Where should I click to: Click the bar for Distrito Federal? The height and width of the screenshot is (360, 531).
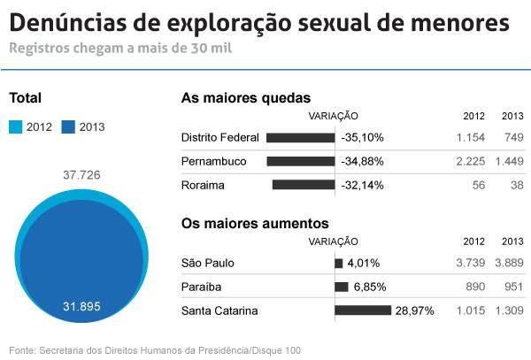click(x=300, y=138)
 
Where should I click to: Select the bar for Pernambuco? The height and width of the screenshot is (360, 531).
click(x=301, y=162)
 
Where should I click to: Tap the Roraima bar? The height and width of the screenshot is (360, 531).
click(x=304, y=186)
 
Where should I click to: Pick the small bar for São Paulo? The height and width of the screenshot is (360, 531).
click(x=339, y=263)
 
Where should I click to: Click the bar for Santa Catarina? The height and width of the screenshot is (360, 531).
click(x=363, y=310)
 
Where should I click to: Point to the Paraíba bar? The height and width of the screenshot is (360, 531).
click(x=342, y=287)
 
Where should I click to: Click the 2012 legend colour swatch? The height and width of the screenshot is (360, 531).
click(x=16, y=126)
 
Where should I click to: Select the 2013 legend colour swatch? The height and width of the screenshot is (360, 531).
click(x=68, y=126)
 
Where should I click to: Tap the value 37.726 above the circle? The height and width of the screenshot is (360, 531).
click(x=81, y=175)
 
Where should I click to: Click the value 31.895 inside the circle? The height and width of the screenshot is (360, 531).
click(x=81, y=306)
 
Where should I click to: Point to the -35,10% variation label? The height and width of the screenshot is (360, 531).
click(x=362, y=138)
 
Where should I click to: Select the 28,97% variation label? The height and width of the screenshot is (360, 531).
click(x=414, y=310)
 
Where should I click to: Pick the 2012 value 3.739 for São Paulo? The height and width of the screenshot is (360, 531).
click(x=472, y=263)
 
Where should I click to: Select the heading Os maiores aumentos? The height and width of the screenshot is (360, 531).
click(x=255, y=224)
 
